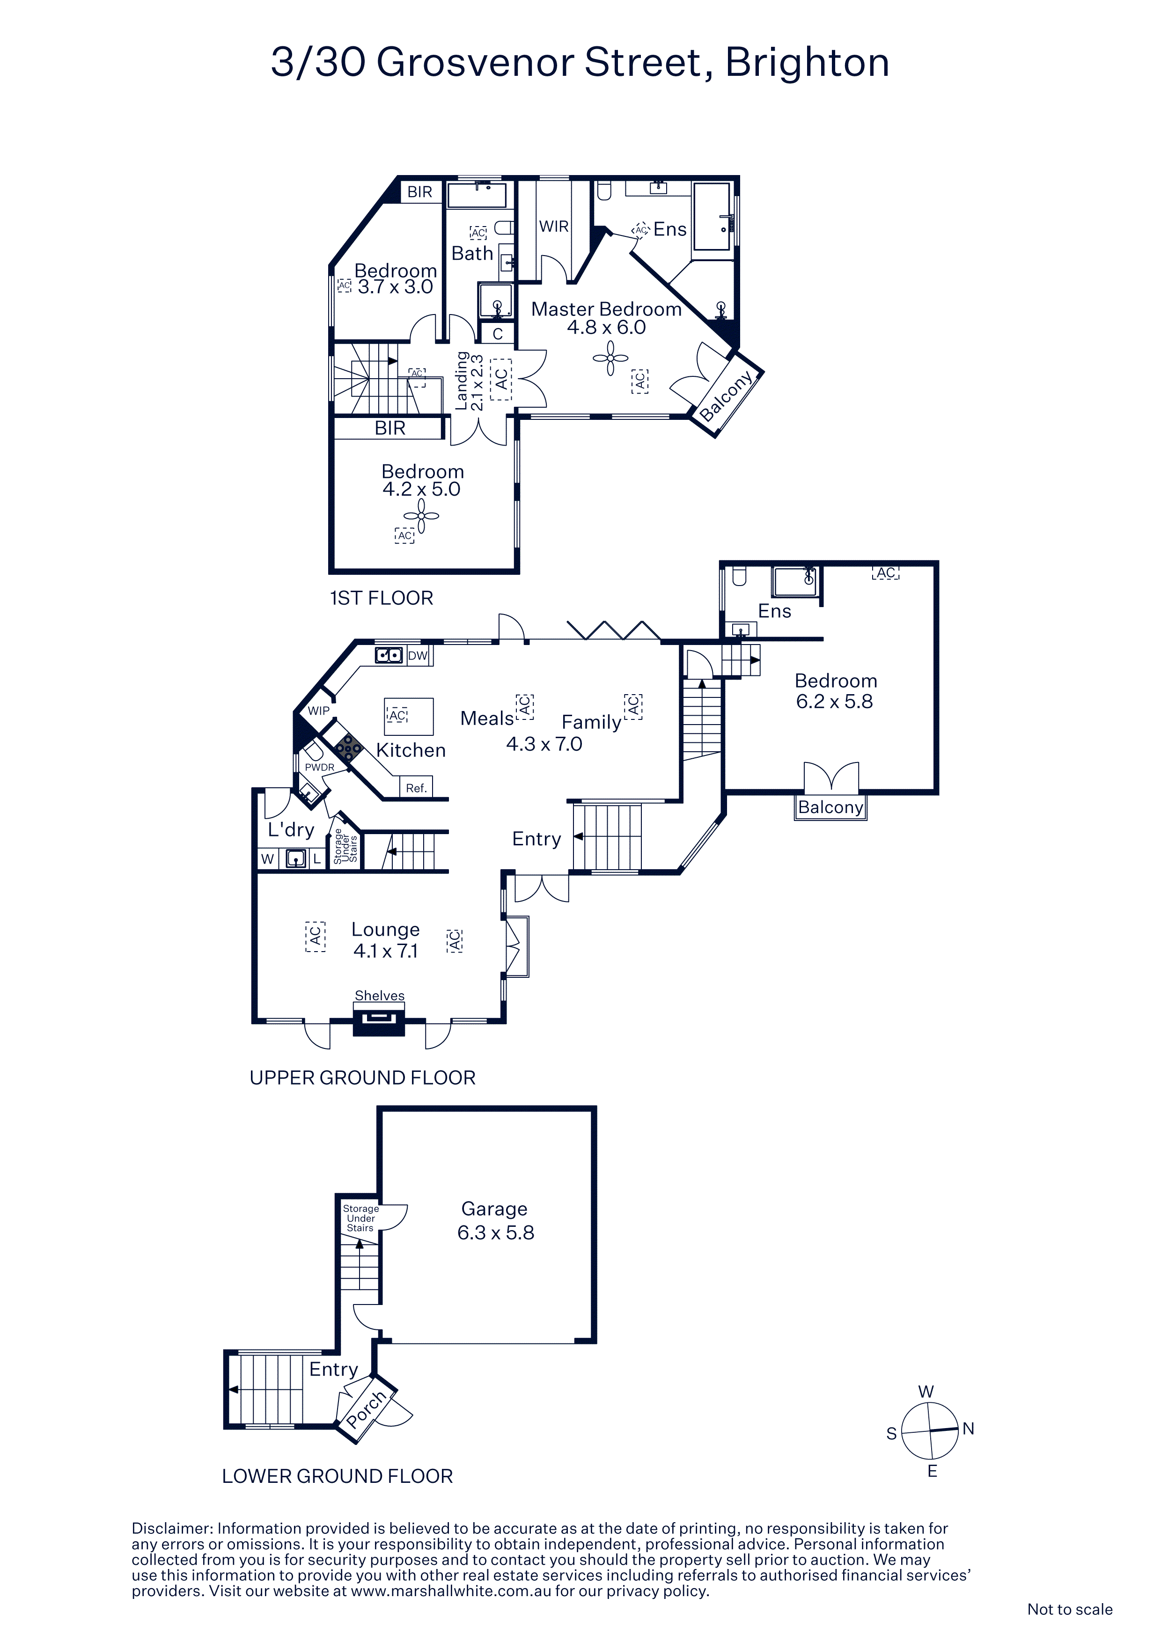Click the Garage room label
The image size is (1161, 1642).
coord(494,1209)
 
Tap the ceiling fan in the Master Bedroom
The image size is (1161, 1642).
coord(610,358)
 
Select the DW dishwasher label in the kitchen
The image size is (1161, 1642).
coord(418,656)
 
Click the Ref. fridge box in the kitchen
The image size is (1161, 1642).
coord(416,787)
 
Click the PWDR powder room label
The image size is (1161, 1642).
coord(320,767)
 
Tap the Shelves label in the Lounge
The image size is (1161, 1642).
coord(380,996)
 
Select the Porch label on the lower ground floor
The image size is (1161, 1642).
coord(366,1409)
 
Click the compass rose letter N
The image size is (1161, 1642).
coord(969,1429)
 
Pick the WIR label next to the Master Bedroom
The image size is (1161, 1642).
coord(554,226)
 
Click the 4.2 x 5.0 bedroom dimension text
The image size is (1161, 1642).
coord(421,489)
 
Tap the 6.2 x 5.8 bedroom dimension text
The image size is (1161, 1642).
coord(834,702)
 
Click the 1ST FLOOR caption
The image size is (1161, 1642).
coord(381,598)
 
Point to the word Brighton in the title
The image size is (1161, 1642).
coord(808,63)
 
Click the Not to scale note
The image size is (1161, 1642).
coord(1069,1609)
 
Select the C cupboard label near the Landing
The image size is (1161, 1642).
coord(498,333)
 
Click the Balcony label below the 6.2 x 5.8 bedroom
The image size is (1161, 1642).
coord(830,807)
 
